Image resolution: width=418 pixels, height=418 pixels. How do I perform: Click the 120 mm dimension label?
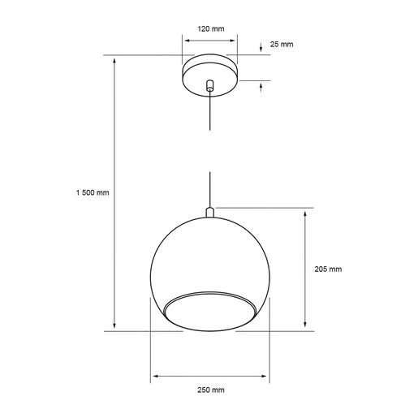tap(210, 29)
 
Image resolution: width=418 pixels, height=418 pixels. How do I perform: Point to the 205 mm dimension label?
tap(328, 269)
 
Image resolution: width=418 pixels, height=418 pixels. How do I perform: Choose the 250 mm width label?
tap(210, 390)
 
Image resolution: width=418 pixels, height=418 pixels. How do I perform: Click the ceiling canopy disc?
tap(210, 71)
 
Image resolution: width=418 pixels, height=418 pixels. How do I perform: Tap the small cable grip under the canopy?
tap(210, 85)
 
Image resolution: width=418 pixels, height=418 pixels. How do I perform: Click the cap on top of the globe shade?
tap(210, 213)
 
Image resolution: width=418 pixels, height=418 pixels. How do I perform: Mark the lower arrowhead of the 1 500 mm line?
tap(114, 326)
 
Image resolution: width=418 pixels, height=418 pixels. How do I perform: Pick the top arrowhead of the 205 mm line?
tap(305, 213)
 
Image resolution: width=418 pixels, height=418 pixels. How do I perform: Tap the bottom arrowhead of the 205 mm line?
tap(305, 326)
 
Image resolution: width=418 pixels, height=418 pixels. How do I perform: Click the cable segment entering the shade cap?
tap(210, 191)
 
